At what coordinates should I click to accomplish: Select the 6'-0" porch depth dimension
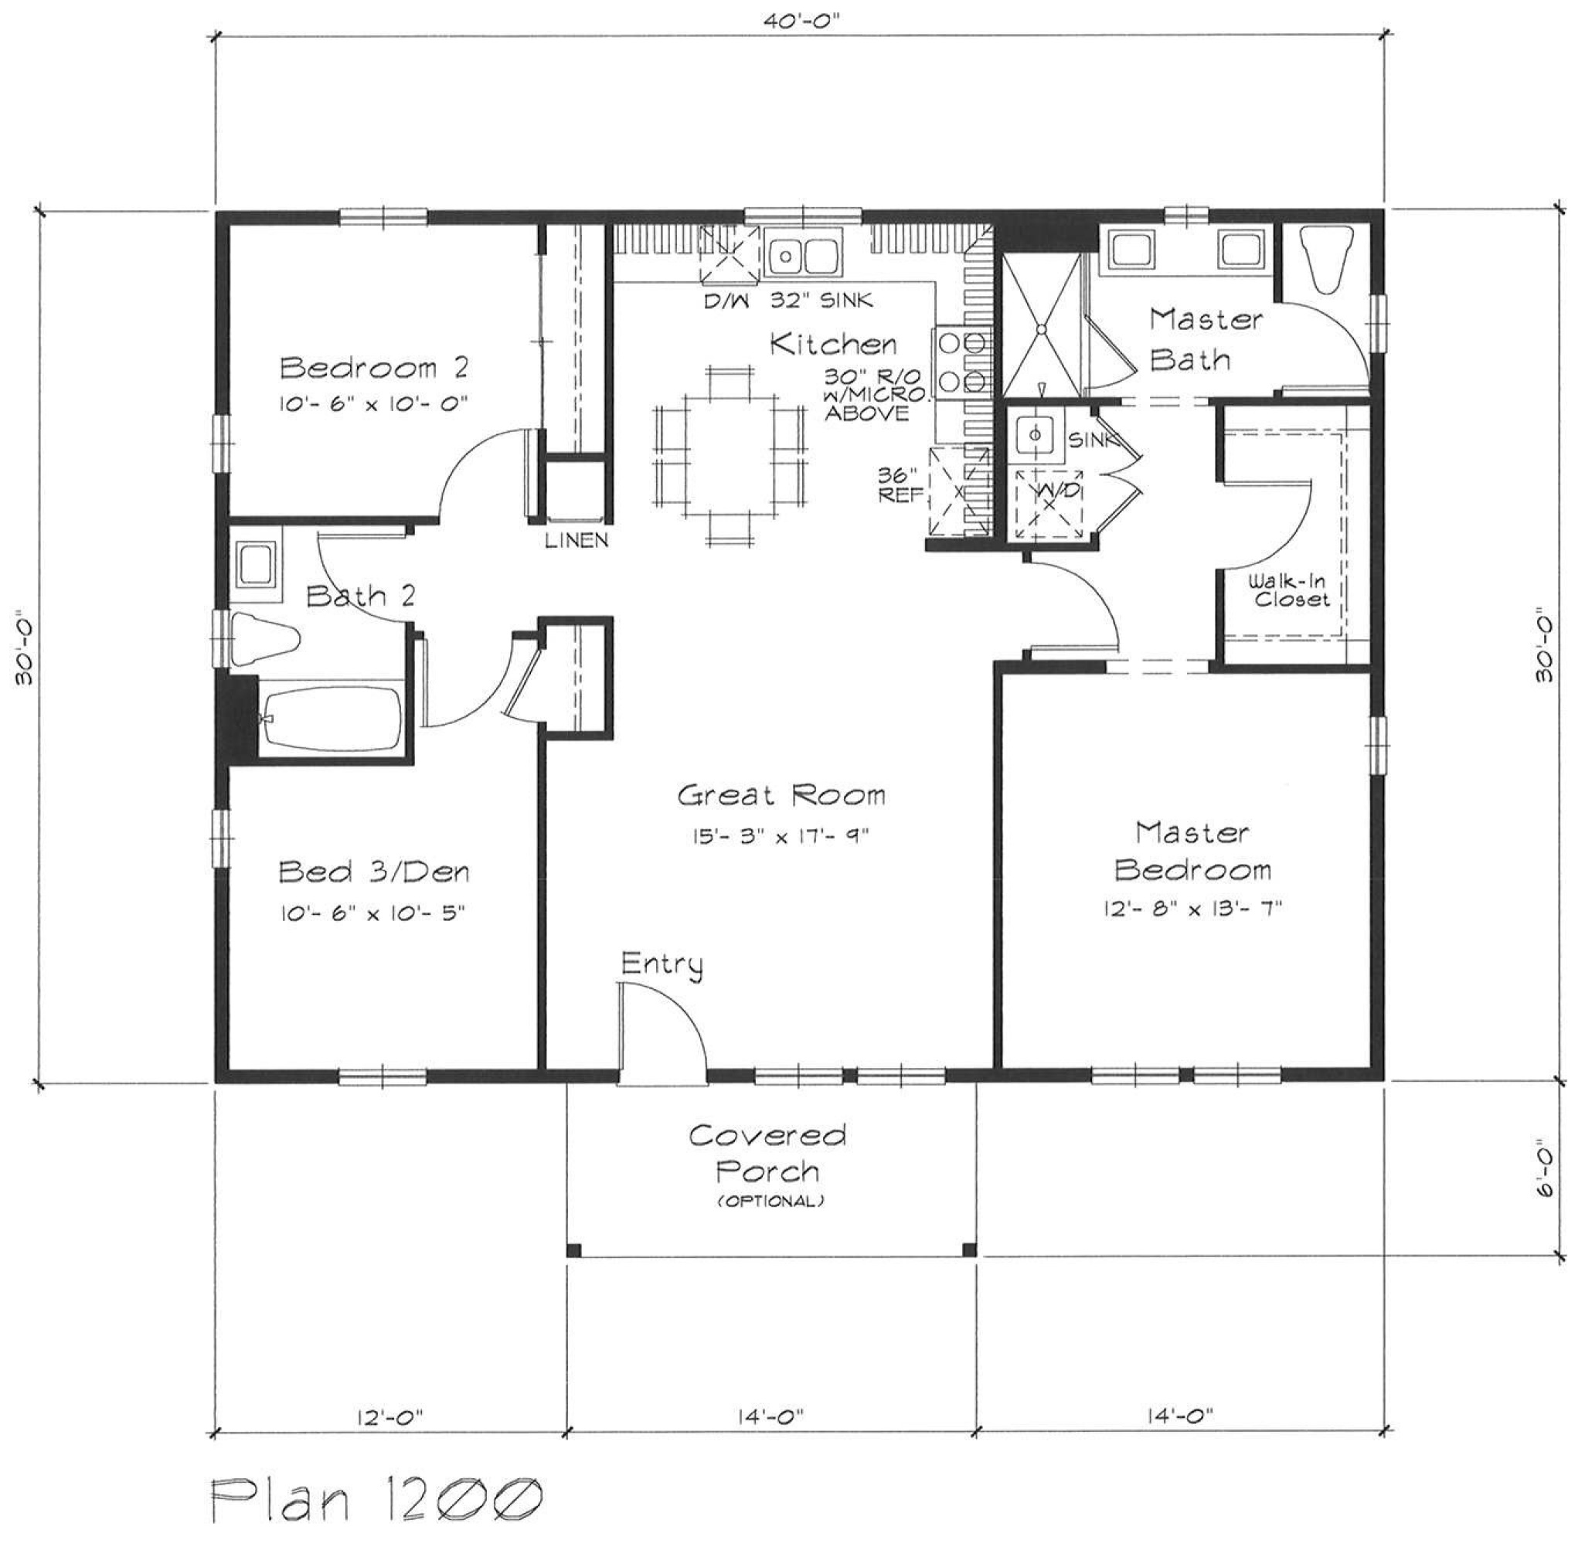coord(1543,1169)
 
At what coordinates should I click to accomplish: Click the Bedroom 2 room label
coord(375,368)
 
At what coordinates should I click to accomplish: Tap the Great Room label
coord(781,794)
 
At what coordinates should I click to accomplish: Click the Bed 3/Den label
coord(374,872)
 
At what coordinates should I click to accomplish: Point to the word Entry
coord(662,965)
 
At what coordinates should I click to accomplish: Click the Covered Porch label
coord(767,1153)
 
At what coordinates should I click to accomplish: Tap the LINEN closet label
coord(577,539)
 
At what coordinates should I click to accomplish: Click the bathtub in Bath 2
coord(331,720)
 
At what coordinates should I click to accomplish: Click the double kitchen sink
coord(801,254)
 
